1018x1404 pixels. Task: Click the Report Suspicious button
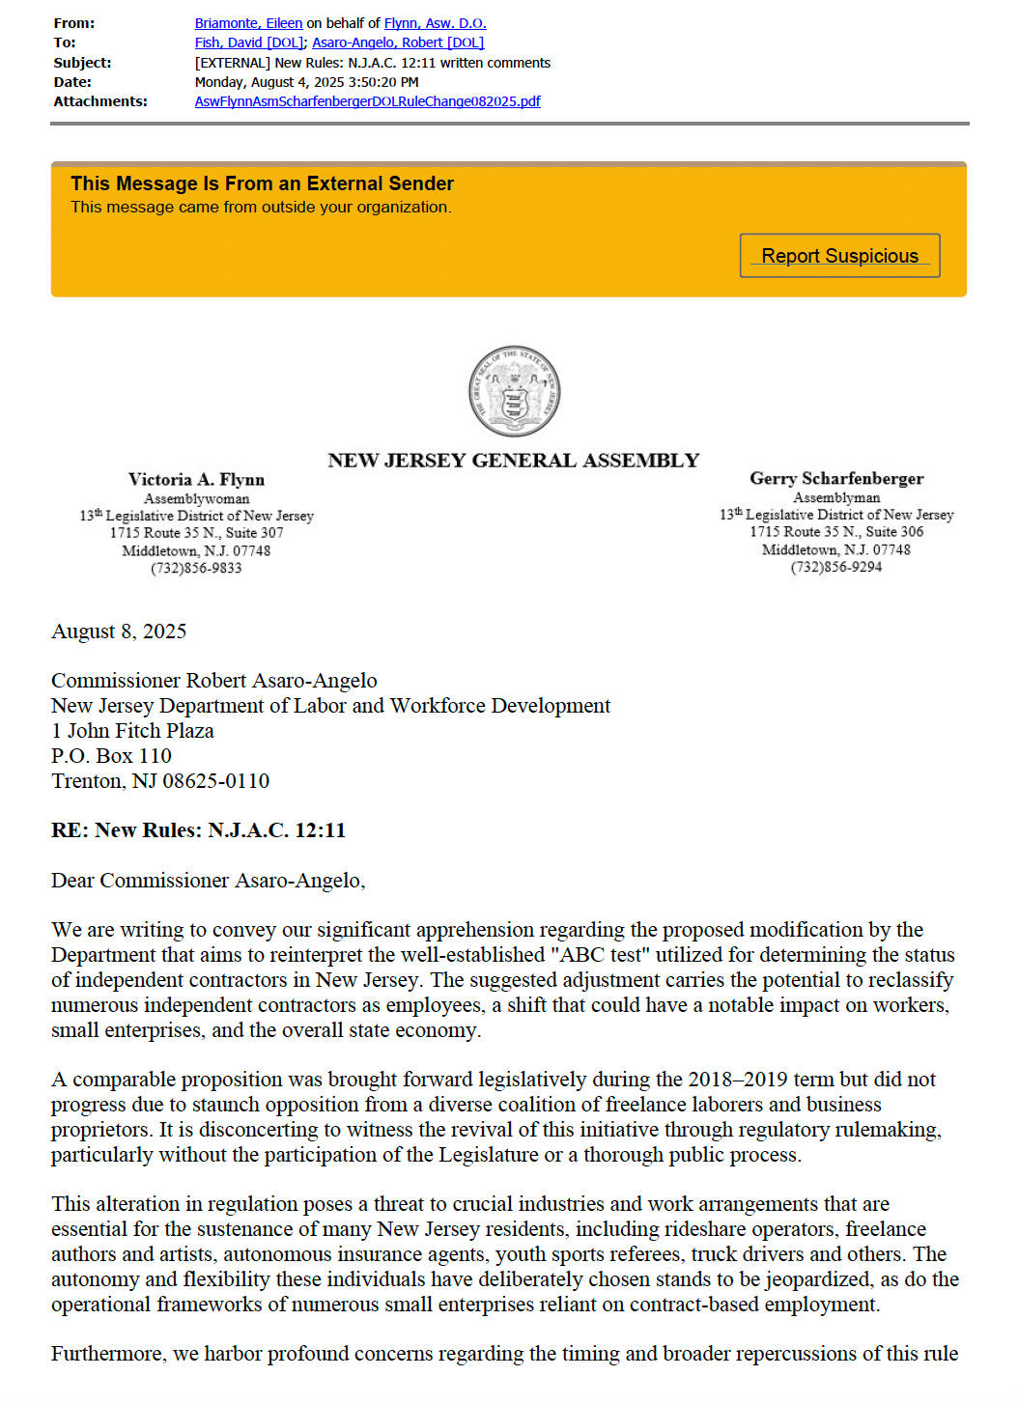(x=839, y=256)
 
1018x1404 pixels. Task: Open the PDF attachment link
(x=367, y=101)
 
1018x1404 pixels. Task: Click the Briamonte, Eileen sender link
(x=248, y=23)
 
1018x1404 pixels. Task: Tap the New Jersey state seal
(x=514, y=391)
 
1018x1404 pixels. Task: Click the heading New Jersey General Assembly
(x=513, y=461)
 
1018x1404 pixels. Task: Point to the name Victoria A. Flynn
(x=196, y=480)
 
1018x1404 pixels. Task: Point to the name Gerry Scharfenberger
(x=836, y=479)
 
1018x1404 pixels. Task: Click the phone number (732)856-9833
(x=196, y=568)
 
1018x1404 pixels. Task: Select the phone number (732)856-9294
(x=836, y=567)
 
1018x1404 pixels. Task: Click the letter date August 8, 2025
(x=119, y=632)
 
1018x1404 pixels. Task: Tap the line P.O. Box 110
(x=111, y=756)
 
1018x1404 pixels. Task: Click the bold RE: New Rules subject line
(x=198, y=830)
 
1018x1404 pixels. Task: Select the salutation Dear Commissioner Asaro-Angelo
(x=208, y=881)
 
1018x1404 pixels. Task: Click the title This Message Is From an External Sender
(x=262, y=183)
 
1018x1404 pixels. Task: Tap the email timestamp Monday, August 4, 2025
(x=307, y=82)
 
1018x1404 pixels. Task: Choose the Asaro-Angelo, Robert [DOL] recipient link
(x=398, y=42)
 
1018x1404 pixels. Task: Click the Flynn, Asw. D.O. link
(x=435, y=23)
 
